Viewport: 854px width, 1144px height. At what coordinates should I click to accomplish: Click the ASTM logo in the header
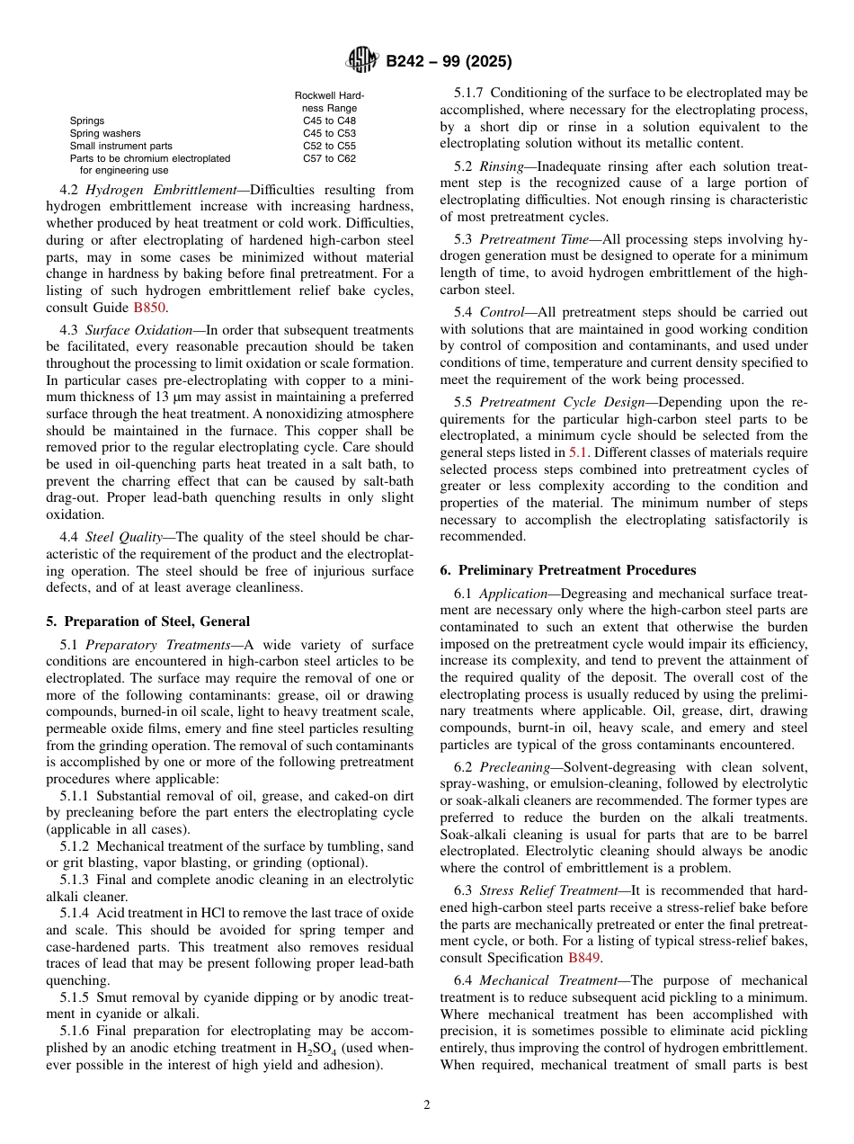(x=362, y=61)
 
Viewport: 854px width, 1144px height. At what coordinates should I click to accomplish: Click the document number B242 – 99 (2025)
(x=449, y=62)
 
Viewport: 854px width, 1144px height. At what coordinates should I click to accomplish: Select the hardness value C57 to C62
(x=329, y=158)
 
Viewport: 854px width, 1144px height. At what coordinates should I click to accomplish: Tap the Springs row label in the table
(x=87, y=121)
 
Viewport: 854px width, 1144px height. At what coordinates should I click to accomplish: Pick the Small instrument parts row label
(x=120, y=146)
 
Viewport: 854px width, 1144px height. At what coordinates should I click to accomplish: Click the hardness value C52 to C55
(x=329, y=146)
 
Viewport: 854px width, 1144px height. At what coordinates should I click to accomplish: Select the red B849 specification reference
(x=584, y=957)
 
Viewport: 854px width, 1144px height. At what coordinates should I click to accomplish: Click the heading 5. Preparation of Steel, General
(x=147, y=621)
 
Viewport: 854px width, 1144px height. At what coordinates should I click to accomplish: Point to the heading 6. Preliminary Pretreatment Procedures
(x=567, y=570)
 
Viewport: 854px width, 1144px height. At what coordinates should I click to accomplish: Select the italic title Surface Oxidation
(x=138, y=330)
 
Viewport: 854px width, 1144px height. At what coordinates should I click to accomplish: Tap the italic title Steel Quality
(x=123, y=537)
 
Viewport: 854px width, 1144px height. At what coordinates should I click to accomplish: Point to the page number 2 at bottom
(x=427, y=1105)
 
